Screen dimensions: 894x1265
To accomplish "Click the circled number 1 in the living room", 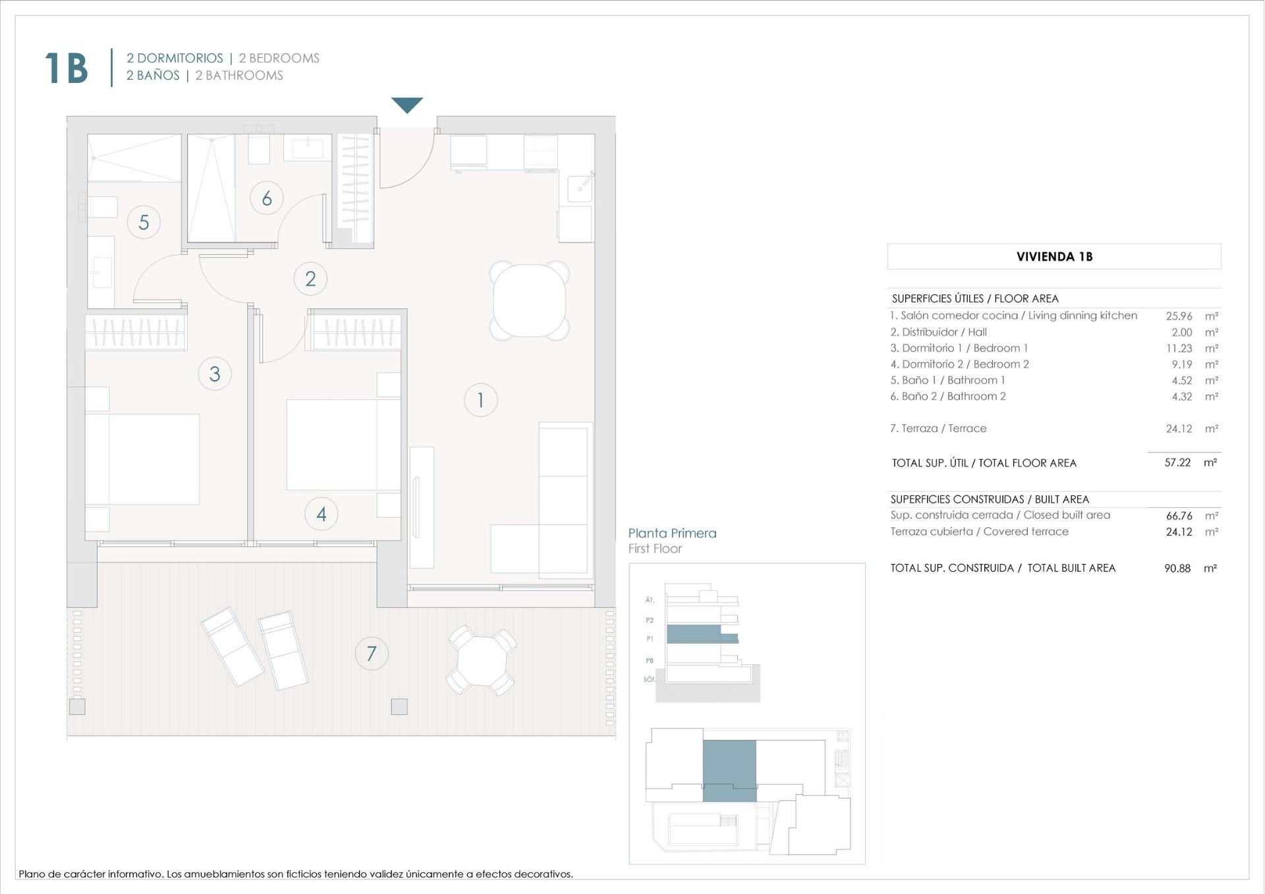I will (x=480, y=400).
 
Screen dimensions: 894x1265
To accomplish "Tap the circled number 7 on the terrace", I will (x=372, y=654).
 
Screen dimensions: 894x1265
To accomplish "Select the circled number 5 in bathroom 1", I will (x=144, y=222).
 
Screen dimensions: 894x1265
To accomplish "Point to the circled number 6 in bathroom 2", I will (x=267, y=198).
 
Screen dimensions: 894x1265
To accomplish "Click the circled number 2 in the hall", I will (x=310, y=279).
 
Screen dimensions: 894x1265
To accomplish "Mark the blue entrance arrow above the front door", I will (x=407, y=105).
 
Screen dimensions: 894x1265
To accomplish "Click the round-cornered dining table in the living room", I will (x=529, y=301).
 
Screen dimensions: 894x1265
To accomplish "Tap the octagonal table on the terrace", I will (x=482, y=661).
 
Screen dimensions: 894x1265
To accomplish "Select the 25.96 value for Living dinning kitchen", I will (x=1179, y=316).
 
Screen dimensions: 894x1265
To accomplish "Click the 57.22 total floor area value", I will (x=1177, y=462).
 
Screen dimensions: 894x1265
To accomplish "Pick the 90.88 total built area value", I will (x=1177, y=568).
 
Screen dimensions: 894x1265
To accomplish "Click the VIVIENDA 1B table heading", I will (x=1054, y=257).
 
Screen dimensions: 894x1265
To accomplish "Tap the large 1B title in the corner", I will (x=66, y=68).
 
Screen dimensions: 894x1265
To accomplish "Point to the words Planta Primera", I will (x=672, y=533).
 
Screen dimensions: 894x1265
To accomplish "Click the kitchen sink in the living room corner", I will (x=580, y=188).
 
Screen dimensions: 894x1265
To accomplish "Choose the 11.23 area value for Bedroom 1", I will (x=1179, y=349).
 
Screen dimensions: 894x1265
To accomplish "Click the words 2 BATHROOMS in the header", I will (x=239, y=76).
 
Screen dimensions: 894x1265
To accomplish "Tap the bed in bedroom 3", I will (x=142, y=459).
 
